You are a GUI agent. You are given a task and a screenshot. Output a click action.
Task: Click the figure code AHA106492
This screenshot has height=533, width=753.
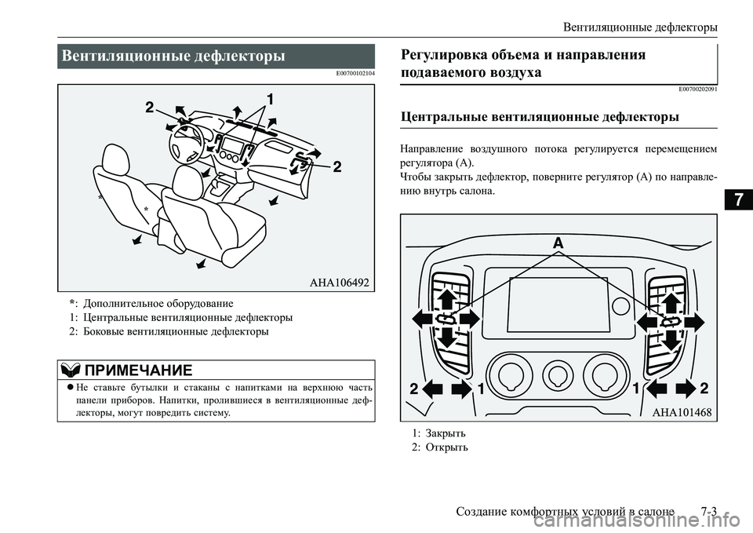335,282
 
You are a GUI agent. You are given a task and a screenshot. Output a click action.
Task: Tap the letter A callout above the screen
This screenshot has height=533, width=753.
558,243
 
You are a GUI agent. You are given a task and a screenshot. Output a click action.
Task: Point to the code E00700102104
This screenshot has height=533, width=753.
355,73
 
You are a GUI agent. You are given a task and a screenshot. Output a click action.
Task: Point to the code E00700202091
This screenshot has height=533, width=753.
697,89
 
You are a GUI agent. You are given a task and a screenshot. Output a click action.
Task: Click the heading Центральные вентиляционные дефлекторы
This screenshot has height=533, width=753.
540,118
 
